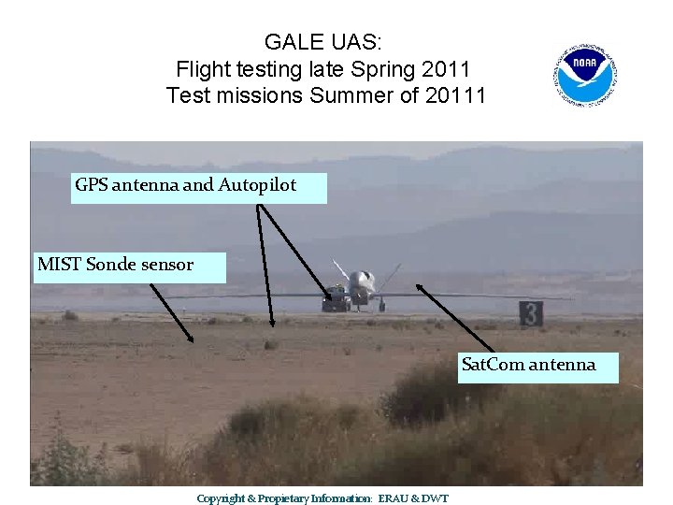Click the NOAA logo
(585, 74)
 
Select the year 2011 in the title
(448, 69)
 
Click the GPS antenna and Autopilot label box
(200, 186)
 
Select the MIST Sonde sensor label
(130, 266)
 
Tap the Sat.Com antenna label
(538, 365)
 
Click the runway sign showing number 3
(531, 314)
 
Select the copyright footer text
(322, 498)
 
